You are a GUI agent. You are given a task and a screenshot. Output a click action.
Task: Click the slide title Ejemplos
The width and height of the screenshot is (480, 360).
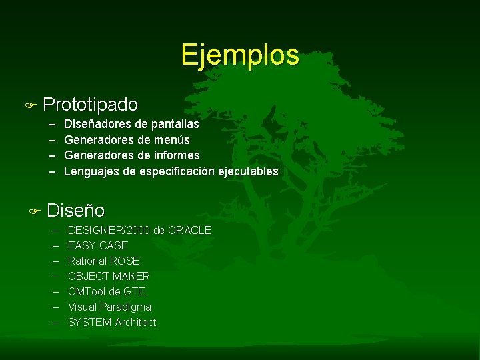coord(239,55)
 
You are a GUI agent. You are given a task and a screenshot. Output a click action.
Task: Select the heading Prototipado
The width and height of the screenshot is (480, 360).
coord(90,105)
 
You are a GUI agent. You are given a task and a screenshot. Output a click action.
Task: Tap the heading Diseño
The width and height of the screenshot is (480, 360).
coord(75,211)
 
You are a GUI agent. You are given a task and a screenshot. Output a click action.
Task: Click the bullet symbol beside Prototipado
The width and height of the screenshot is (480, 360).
coord(29,105)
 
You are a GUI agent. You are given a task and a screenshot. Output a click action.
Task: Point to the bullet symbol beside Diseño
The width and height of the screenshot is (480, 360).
coord(35,211)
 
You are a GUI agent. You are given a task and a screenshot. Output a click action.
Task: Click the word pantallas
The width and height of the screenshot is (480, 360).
coord(175,124)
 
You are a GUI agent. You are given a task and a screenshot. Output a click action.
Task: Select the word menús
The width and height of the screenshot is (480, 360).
coord(172,140)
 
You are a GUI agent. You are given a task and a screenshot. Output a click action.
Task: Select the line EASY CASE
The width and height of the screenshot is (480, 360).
coord(98,245)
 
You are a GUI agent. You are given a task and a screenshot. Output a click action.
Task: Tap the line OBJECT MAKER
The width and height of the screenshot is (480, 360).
coord(109,276)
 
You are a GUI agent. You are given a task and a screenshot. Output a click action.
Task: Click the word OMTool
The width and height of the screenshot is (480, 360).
coord(87,291)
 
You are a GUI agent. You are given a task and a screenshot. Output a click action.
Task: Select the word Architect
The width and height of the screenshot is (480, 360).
coord(135,322)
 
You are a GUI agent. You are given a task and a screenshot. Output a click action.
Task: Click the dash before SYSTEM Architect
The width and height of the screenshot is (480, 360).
coord(54,322)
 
